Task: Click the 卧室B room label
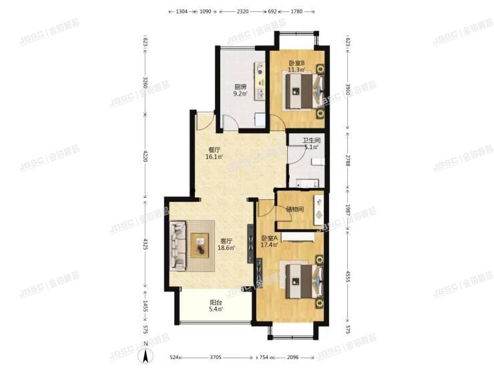tap(296, 64)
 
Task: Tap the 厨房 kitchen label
tap(240, 86)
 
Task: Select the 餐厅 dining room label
tap(214, 150)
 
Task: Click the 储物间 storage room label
tap(294, 209)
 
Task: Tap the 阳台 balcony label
tap(214, 303)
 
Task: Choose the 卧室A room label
tap(270, 239)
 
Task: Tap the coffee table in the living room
tap(200, 245)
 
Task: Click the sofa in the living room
tap(178, 244)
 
